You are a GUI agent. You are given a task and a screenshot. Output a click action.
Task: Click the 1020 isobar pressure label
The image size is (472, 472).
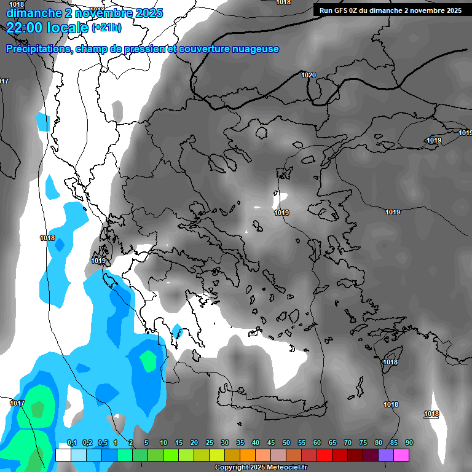[x=309, y=75]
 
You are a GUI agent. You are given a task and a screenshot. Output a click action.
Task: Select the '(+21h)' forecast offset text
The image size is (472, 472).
[x=106, y=28]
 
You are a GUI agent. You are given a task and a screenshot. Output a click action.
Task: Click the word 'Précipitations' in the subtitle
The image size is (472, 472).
[x=37, y=49]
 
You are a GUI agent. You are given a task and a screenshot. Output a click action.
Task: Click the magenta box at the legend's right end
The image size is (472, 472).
[x=401, y=455]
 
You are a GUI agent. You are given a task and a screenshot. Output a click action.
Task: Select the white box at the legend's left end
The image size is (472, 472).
[x=63, y=455]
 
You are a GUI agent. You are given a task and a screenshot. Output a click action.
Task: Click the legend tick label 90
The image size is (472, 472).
[x=409, y=443]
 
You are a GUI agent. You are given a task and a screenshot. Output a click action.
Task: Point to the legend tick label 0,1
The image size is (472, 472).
[x=72, y=443]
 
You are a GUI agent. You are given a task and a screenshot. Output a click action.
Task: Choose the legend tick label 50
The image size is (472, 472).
[x=286, y=443]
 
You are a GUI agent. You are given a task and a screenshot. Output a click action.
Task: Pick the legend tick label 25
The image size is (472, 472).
[x=210, y=443]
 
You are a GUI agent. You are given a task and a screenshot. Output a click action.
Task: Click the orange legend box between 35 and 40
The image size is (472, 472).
[x=248, y=455]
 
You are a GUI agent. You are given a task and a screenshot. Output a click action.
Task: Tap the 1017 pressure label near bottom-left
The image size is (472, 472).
[x=17, y=403]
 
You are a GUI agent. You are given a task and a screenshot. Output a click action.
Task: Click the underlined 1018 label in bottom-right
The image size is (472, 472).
[x=431, y=414]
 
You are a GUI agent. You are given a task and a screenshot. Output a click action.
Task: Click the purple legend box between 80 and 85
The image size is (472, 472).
[x=386, y=455]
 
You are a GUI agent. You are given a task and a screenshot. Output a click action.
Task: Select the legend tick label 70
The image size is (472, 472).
[x=348, y=443]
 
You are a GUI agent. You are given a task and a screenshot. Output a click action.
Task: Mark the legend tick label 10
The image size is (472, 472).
[x=163, y=443]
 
